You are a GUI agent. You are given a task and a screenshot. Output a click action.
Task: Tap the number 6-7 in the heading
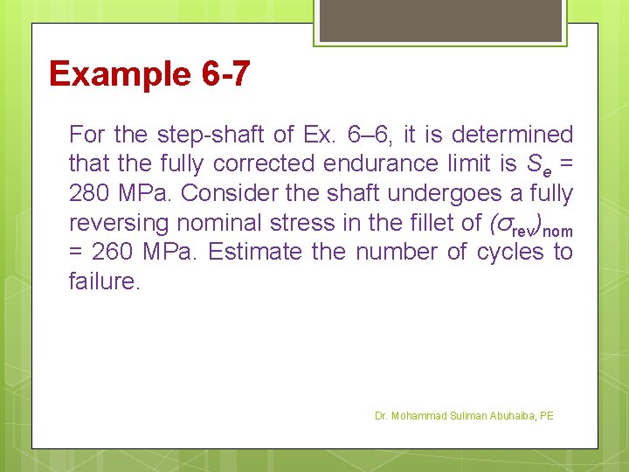tap(225, 74)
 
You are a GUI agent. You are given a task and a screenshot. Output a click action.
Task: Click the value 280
tap(88, 193)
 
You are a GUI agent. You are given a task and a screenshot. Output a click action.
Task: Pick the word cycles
tap(510, 253)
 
